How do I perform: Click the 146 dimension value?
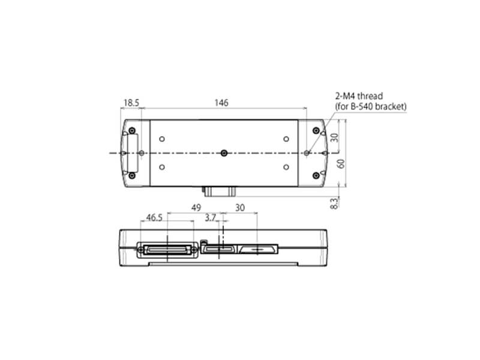click(221, 103)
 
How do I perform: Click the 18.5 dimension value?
click(131, 103)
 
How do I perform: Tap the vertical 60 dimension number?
click(341, 163)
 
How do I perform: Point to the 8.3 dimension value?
click(334, 203)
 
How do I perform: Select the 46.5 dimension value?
click(154, 217)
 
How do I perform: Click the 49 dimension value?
click(196, 208)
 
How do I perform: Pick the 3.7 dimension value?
click(211, 218)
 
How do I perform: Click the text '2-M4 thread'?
click(359, 96)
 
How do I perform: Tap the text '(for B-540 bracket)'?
click(371, 107)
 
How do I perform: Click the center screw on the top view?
click(224, 153)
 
